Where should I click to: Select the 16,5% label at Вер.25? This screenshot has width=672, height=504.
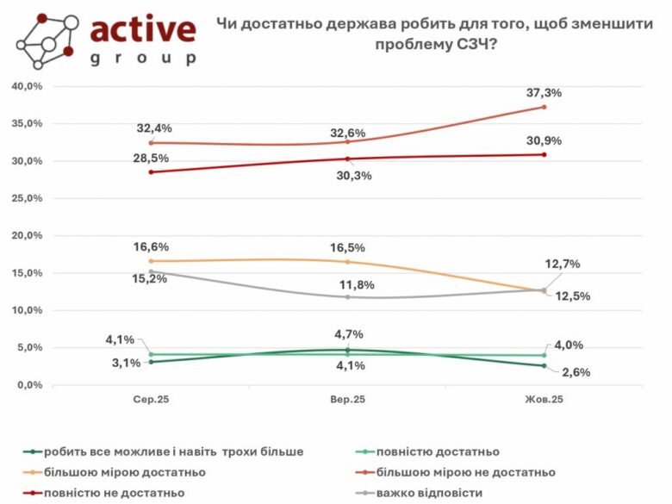pos(347,247)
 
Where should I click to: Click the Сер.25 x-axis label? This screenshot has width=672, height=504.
pos(152,401)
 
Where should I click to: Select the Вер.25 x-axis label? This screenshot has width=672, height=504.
pos(347,401)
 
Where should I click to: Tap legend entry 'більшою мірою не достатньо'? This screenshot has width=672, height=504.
pos(465,472)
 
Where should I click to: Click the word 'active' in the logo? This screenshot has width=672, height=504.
pos(142,30)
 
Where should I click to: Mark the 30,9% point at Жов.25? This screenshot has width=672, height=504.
pos(544,154)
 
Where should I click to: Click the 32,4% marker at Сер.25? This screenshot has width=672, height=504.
pos(152,143)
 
